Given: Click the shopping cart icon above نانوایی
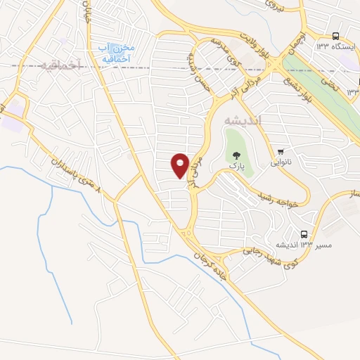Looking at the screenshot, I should click(x=281, y=151).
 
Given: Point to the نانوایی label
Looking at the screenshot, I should click(x=281, y=162).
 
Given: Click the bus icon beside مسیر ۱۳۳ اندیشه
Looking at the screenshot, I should click(x=304, y=233).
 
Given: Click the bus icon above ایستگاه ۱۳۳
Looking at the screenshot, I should click(x=335, y=36).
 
